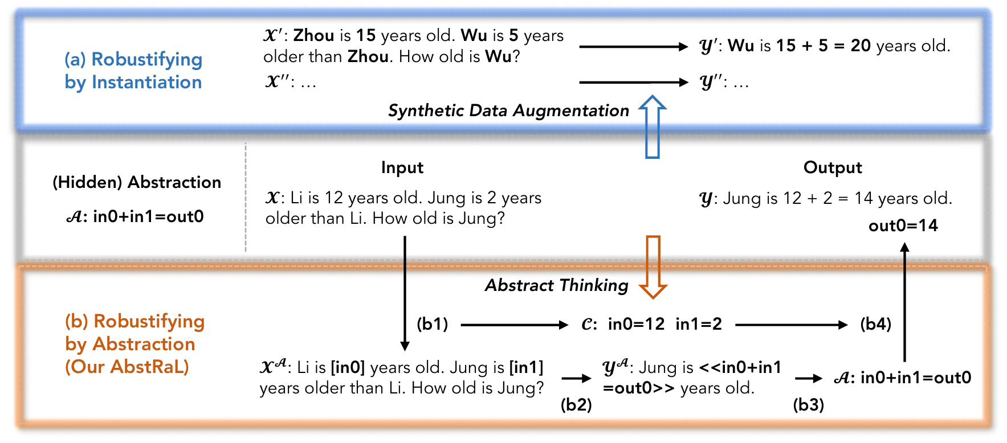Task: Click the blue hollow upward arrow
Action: pos(653,126)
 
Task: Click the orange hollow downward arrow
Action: pos(653,267)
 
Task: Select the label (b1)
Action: pos(433,325)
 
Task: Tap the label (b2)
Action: pos(576,404)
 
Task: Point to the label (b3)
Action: pos(809,404)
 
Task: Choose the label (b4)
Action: pos(876,325)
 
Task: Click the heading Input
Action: pos(402,168)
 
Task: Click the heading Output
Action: pos(833,167)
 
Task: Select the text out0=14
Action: pos(903,226)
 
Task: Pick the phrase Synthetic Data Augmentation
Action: pos(508,110)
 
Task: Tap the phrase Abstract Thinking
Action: pos(557,285)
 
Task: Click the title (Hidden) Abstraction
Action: pos(137,182)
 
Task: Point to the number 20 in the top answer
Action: pos(861,46)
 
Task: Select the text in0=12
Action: pos(636,324)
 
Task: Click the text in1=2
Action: pos(699,324)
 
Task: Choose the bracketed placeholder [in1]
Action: pos(526,368)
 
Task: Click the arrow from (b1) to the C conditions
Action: pos(515,325)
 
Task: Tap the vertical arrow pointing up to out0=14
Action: pos(904,302)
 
